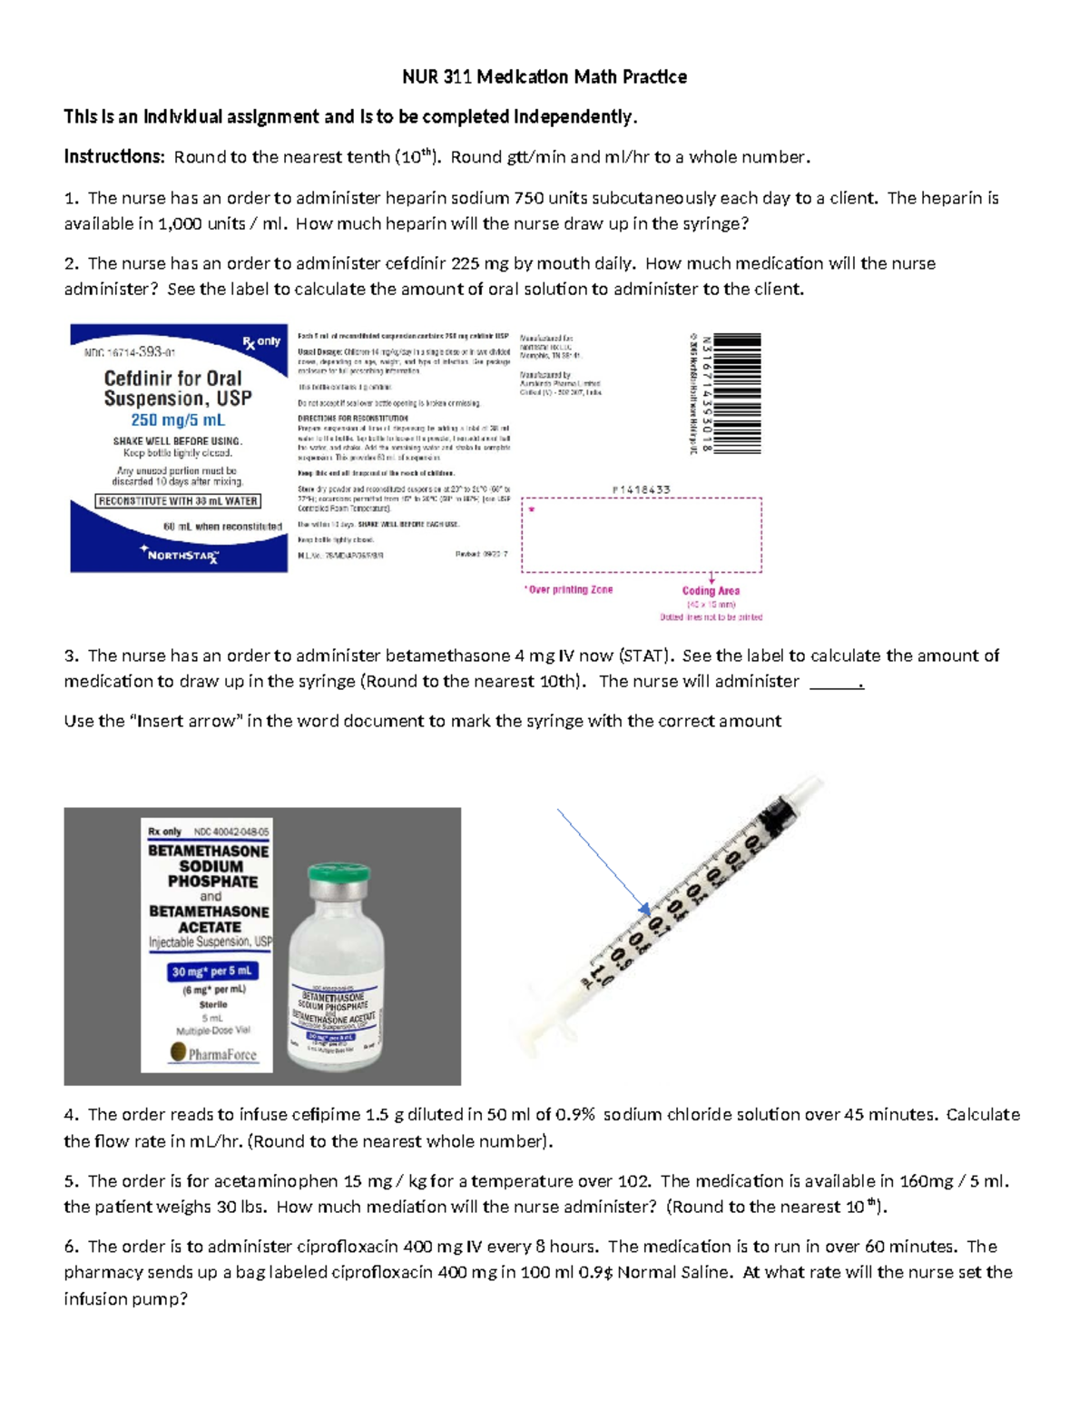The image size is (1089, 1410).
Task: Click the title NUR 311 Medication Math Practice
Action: pos(544,77)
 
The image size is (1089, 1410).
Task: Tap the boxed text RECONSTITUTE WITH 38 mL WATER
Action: pos(179,501)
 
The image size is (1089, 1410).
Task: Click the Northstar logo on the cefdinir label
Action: pos(180,554)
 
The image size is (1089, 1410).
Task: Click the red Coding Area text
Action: pos(711,591)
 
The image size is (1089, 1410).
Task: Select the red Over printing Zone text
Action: pos(569,590)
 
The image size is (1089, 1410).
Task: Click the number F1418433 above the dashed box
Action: pos(641,489)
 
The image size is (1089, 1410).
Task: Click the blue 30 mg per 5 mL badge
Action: pos(212,971)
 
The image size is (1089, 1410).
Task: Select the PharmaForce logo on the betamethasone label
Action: pos(213,1053)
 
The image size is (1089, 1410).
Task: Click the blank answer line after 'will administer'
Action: pos(835,683)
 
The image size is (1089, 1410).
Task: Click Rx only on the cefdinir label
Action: pos(261,342)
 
